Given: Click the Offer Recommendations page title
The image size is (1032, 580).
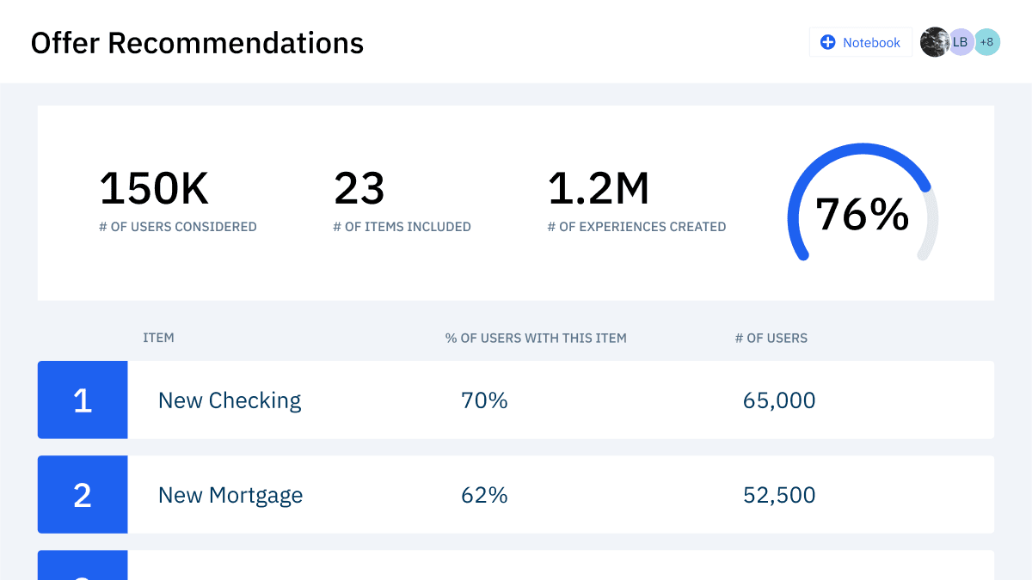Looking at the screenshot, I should click(197, 43).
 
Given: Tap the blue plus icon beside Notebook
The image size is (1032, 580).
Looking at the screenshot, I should click(827, 42).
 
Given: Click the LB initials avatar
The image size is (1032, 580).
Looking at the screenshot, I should click(961, 42).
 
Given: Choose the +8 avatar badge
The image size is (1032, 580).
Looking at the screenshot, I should click(987, 42).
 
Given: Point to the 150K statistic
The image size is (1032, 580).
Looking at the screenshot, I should click(154, 189).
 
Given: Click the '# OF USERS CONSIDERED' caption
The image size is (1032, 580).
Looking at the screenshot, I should click(178, 227).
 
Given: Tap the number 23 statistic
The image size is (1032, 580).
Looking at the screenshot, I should click(359, 189).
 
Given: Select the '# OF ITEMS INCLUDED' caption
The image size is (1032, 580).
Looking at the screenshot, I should click(402, 227).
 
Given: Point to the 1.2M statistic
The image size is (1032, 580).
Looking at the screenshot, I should click(599, 189).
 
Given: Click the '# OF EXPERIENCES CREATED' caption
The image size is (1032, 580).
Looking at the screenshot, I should click(636, 227).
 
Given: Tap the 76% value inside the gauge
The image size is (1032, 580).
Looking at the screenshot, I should click(862, 215).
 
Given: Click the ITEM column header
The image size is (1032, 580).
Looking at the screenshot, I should click(158, 338).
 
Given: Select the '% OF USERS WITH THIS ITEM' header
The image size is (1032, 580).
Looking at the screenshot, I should click(536, 338).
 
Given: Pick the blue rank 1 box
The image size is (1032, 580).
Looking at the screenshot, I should click(83, 400).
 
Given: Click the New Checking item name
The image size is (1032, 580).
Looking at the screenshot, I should click(230, 400).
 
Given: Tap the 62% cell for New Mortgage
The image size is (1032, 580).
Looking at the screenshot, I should click(484, 495).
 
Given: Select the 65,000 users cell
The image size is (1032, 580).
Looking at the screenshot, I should click(779, 400).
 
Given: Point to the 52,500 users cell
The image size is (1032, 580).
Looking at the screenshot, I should click(779, 495).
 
